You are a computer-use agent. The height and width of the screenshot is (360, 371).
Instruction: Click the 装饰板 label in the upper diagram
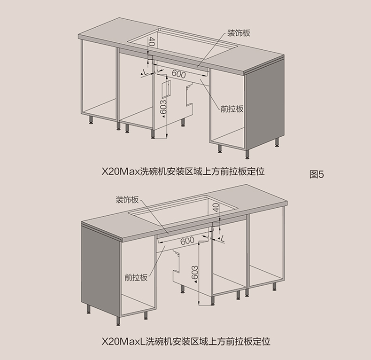click(239, 33)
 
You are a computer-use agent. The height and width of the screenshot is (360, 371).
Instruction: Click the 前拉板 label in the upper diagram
click(232, 109)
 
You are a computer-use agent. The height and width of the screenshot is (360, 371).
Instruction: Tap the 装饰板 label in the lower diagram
click(127, 200)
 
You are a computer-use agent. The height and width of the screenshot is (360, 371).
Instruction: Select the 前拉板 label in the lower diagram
click(136, 277)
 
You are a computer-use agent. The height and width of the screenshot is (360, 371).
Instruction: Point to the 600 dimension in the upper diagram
click(178, 74)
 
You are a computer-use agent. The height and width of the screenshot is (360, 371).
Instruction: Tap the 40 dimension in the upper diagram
click(152, 42)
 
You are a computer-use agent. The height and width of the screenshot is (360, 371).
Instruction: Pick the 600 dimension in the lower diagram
click(187, 241)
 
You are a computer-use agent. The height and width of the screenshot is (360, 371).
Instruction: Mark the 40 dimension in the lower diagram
click(216, 207)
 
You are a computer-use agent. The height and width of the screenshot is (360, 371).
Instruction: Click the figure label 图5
click(317, 174)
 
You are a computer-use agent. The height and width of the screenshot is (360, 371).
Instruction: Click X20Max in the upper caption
click(121, 172)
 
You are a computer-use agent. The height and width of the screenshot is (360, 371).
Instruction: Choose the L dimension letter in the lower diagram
click(222, 239)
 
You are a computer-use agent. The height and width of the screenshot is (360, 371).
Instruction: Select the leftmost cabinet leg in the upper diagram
click(91, 120)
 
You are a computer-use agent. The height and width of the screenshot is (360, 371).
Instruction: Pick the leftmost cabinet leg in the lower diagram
click(88, 309)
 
